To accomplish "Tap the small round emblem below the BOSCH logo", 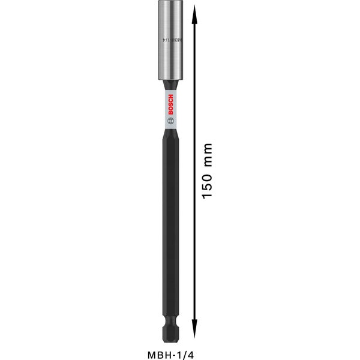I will pos(169,120).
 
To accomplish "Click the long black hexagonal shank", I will pos(169,228).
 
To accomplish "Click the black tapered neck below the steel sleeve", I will pos(169,86).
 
